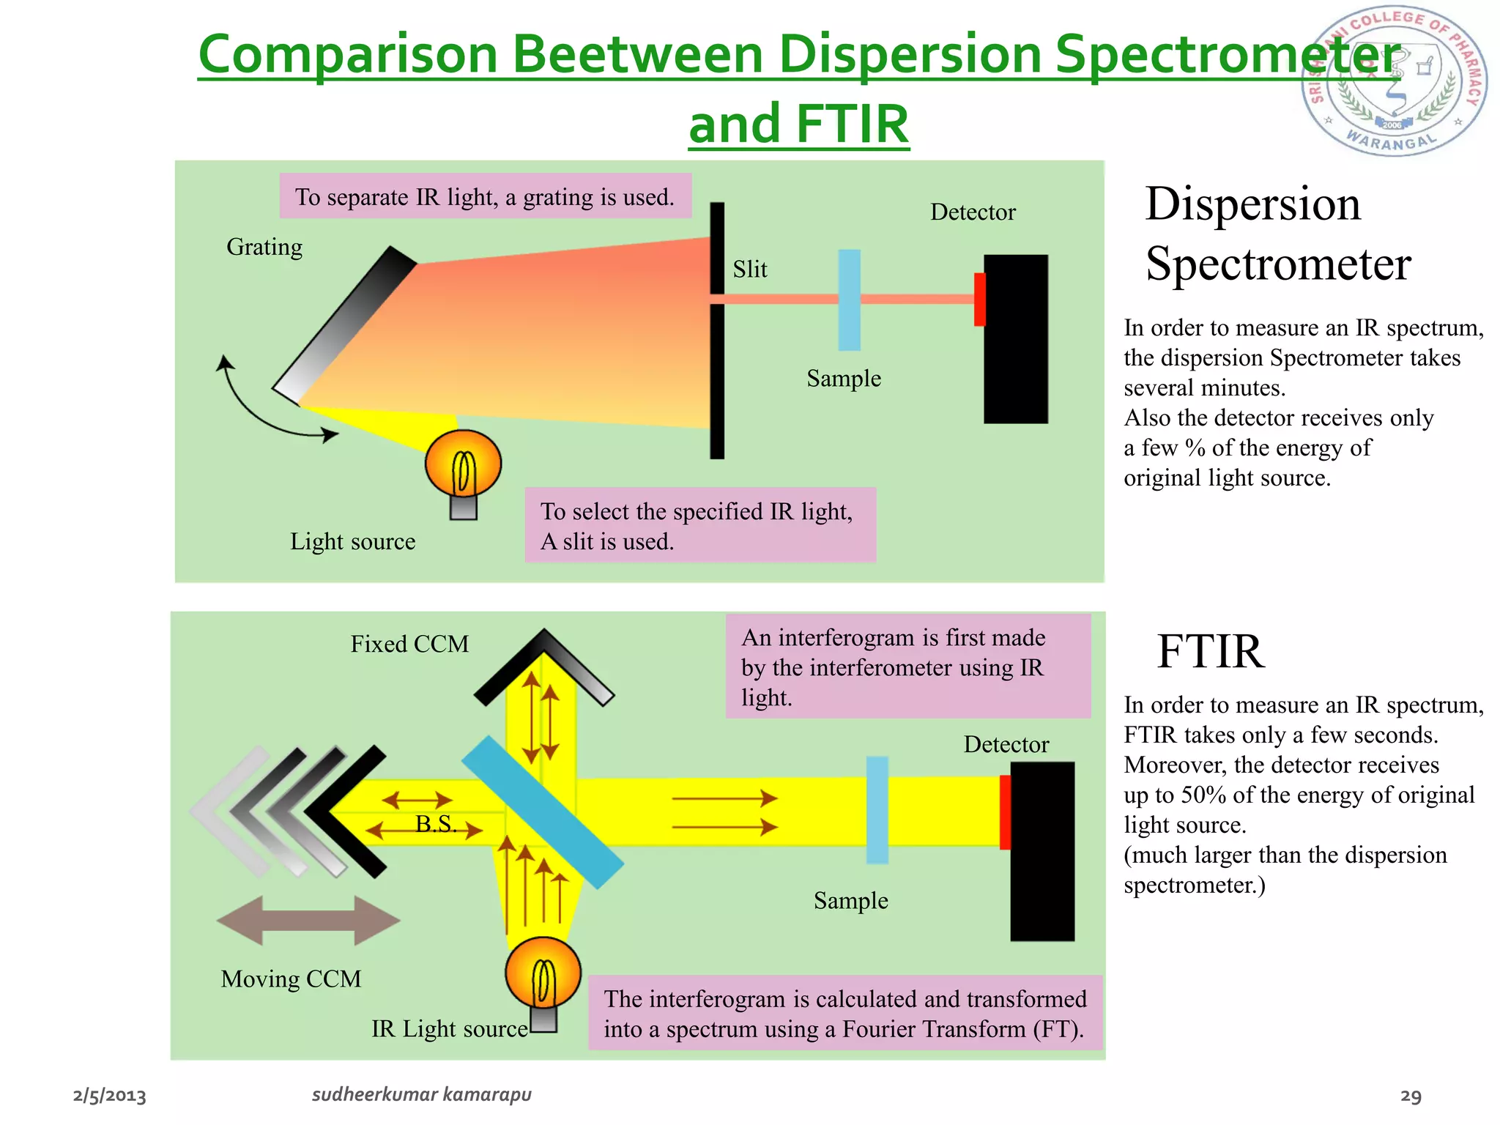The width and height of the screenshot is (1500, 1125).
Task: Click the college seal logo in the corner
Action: tap(1395, 81)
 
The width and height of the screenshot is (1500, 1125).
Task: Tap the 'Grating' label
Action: tap(264, 247)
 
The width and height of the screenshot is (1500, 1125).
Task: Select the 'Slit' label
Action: tap(750, 270)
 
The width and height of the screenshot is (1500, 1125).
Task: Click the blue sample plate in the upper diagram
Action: tap(849, 300)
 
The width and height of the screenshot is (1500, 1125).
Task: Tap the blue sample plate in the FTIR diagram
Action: tap(877, 809)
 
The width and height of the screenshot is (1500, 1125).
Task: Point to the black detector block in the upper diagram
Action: tap(1017, 338)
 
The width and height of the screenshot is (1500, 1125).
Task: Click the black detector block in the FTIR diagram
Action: tap(1043, 851)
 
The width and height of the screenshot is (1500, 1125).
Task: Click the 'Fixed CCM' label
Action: tap(409, 644)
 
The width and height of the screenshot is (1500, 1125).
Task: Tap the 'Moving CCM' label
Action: tap(291, 979)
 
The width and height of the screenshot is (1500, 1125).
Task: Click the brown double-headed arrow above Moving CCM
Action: tap(308, 920)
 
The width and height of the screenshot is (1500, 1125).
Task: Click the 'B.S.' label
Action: tap(436, 824)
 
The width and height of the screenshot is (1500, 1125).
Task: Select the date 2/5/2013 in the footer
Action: tap(110, 1096)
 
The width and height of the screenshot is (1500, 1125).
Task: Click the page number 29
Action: tap(1411, 1096)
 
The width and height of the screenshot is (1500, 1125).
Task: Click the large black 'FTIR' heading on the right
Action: tap(1210, 651)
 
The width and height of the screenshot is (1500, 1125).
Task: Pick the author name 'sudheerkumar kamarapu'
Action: tap(421, 1094)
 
